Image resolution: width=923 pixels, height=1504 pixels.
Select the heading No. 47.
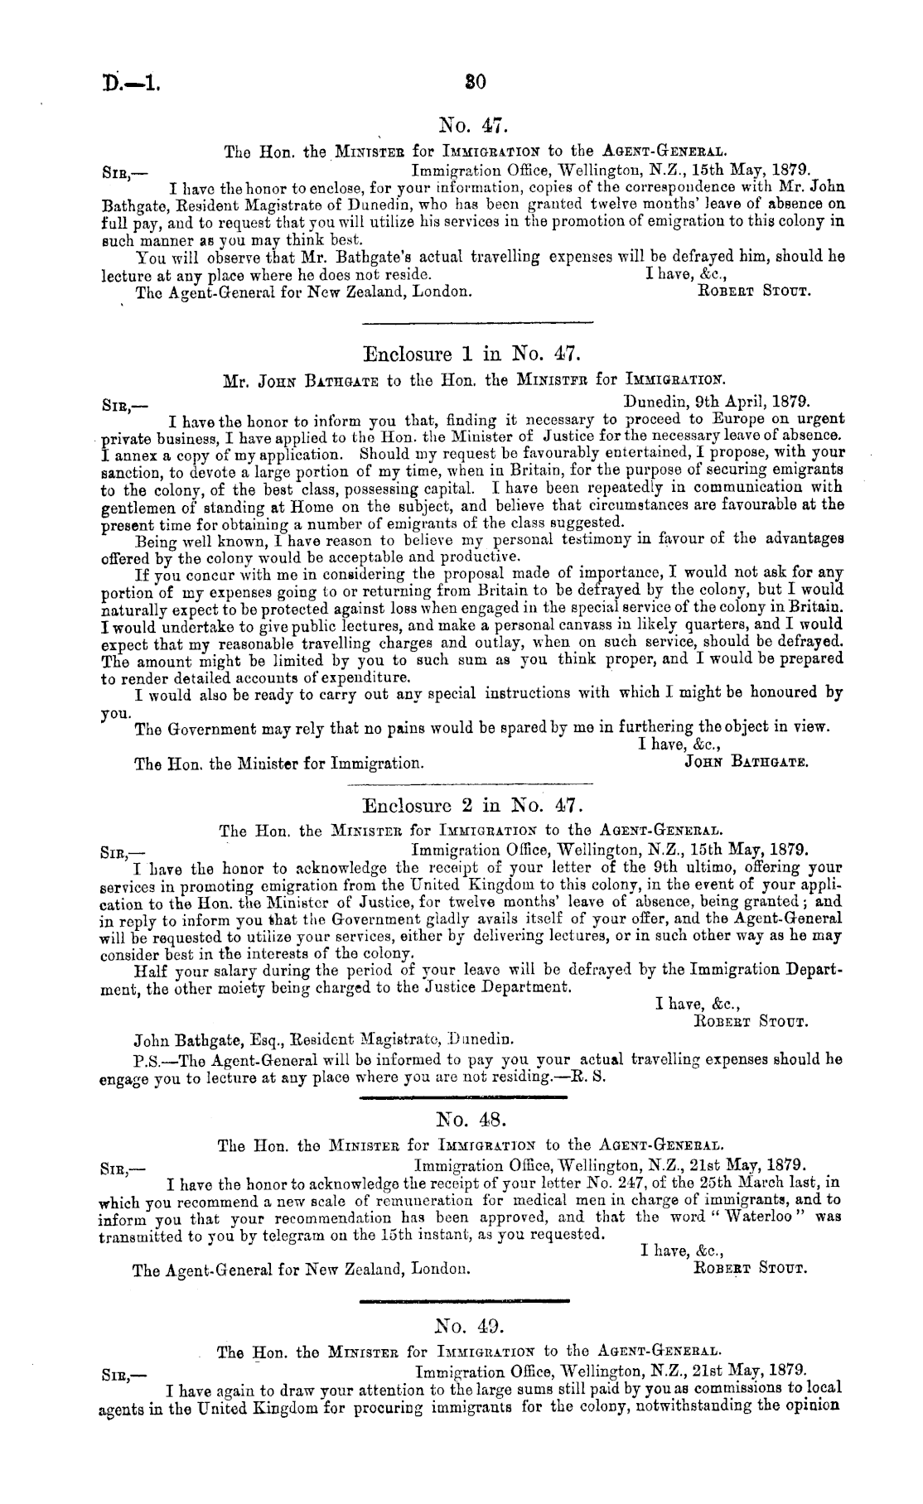470,126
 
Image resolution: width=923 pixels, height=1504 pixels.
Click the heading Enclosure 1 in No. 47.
469,356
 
